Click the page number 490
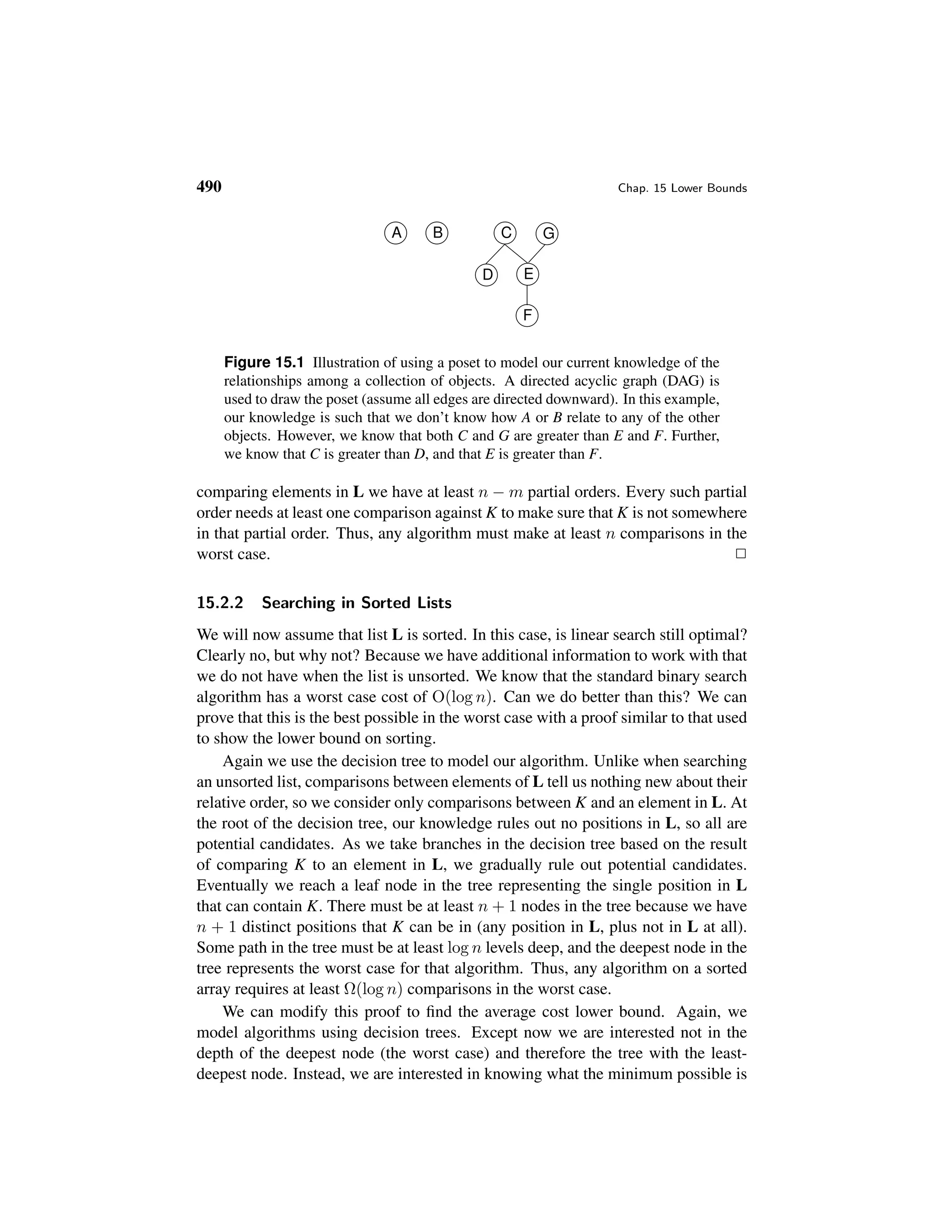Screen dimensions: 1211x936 click(x=209, y=187)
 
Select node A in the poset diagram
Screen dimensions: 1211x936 click(x=396, y=233)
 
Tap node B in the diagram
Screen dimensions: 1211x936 click(x=437, y=233)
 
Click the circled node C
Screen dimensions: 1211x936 click(x=505, y=233)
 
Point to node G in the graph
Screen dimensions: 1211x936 click(x=547, y=234)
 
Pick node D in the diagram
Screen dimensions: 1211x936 click(x=487, y=275)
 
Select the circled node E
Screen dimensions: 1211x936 click(x=527, y=274)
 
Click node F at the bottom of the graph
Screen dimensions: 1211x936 click(x=527, y=315)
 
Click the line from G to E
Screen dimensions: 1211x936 click(x=537, y=254)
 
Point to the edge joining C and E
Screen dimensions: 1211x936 click(x=517, y=254)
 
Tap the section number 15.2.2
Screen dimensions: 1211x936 click(x=220, y=603)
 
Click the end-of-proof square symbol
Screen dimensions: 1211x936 click(x=741, y=553)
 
